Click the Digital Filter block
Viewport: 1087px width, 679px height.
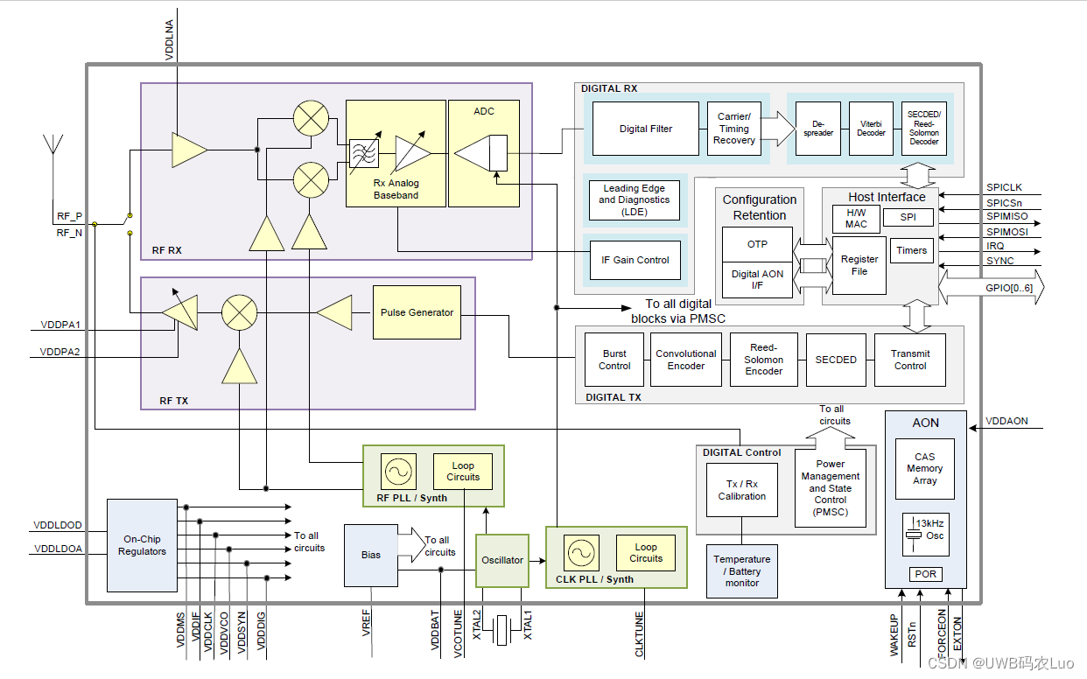(x=646, y=129)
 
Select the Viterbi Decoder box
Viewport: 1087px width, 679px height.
(x=871, y=129)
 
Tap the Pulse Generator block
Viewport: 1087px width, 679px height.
(x=417, y=312)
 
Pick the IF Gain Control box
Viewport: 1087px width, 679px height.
(x=635, y=260)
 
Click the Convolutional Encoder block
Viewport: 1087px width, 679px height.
(x=685, y=360)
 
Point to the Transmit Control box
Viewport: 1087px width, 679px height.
(x=910, y=360)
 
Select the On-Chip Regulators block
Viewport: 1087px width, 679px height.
(x=142, y=545)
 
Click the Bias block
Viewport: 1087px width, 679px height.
(x=371, y=555)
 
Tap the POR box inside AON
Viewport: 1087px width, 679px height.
(x=925, y=574)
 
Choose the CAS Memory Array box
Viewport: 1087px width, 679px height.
(x=925, y=469)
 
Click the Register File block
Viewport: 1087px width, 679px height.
(x=859, y=265)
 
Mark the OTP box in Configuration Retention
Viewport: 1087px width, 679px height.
(x=757, y=244)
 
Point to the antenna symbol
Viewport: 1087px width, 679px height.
(x=53, y=145)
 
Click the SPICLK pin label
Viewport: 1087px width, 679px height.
(x=1004, y=188)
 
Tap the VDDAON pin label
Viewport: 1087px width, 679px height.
(x=1006, y=422)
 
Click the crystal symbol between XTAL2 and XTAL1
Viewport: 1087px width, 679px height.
(x=501, y=630)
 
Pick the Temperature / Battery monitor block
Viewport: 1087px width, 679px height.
(x=742, y=570)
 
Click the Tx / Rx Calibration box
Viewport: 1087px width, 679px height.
(x=742, y=490)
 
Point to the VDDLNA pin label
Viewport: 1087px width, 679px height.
(x=169, y=39)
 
